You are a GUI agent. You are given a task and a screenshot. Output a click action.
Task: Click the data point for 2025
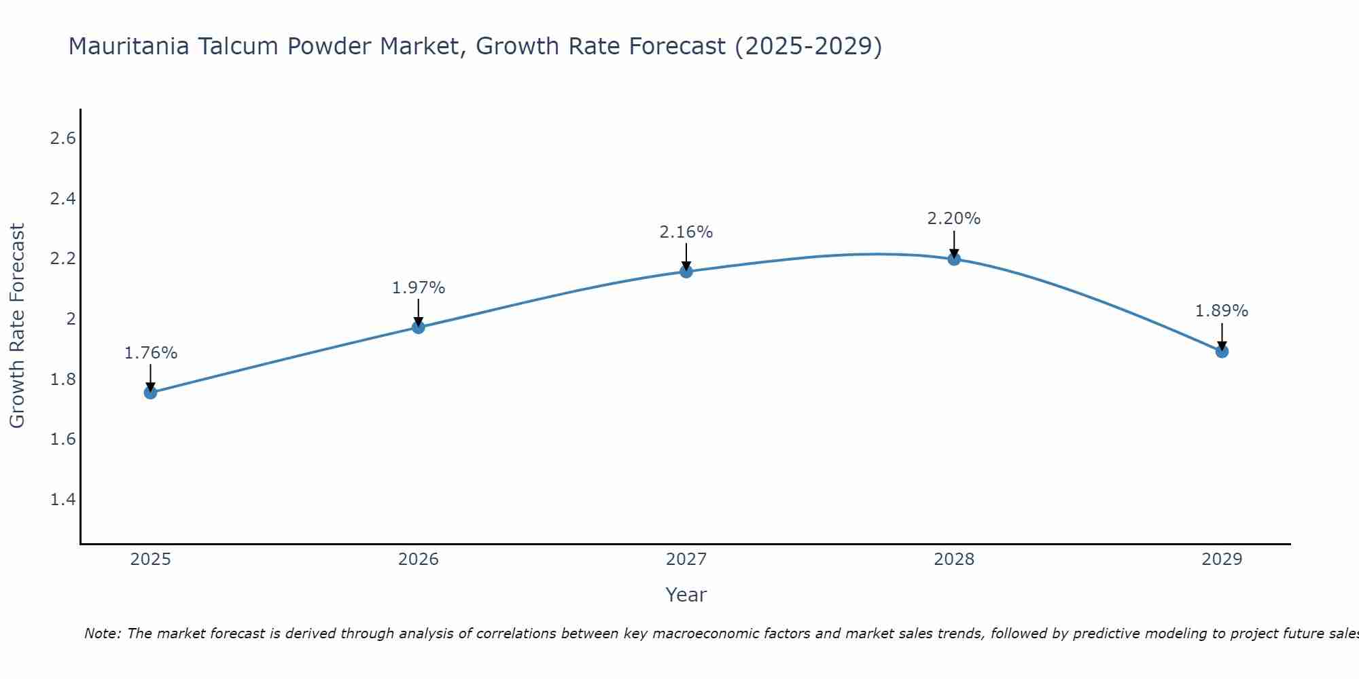tap(151, 392)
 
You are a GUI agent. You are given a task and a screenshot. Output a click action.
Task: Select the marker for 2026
tap(419, 327)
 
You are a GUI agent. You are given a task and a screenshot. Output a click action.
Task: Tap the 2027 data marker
tap(686, 272)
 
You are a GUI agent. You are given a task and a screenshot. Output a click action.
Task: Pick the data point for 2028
tap(954, 259)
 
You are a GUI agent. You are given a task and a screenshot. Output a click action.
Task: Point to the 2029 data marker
tap(1222, 351)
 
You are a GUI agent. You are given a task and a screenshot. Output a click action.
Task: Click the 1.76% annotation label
tap(151, 353)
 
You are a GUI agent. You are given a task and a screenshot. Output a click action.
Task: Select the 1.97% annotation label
tap(419, 288)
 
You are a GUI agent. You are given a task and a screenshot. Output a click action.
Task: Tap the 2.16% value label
tap(686, 232)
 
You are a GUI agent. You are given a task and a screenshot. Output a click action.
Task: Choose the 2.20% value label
tap(954, 219)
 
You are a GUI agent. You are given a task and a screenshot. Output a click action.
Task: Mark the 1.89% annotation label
tap(1222, 311)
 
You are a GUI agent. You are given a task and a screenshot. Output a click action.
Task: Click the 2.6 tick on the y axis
tap(63, 139)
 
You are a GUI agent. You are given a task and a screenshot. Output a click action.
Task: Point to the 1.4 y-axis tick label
tap(63, 500)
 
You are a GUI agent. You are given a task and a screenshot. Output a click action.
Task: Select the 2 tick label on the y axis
tap(70, 319)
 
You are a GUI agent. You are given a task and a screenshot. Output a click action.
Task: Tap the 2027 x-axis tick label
tap(686, 559)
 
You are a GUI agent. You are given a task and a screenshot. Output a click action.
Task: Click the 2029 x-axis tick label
tap(1222, 559)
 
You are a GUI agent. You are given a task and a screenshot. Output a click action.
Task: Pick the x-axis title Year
tap(686, 595)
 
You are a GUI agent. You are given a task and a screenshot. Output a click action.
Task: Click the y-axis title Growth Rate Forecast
tap(18, 326)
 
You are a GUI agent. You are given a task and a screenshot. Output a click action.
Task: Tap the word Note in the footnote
tap(102, 634)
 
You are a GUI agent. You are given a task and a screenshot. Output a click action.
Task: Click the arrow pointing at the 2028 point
tap(954, 243)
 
